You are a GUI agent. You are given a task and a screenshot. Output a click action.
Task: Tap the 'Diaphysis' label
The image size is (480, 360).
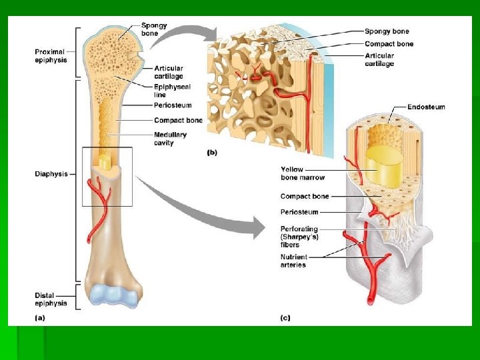point(51,174)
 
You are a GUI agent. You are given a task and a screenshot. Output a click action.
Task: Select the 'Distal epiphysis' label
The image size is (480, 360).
point(51,299)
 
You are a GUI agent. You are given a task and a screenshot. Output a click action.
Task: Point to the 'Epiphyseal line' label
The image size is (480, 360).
point(172,91)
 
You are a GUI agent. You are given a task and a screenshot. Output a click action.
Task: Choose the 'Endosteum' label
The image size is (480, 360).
point(426,107)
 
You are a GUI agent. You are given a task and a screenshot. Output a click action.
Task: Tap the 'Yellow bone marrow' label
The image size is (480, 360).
point(303,173)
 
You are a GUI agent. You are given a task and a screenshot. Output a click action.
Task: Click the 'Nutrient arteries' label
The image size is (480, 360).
point(293,261)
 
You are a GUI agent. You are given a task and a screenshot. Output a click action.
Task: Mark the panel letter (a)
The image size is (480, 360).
point(40,318)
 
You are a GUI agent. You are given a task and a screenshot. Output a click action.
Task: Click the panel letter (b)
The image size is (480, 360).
point(213,153)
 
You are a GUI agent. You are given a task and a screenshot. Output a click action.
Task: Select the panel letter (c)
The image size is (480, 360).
point(285,318)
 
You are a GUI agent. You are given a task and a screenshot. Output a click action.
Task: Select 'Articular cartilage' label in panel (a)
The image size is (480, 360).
point(169,72)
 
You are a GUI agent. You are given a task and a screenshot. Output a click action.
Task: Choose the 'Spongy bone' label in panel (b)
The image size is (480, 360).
point(387,31)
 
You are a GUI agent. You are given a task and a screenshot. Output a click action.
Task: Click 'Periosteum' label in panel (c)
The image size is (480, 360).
point(299,212)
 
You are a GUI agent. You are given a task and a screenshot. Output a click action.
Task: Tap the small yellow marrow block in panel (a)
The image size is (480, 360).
point(105,162)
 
